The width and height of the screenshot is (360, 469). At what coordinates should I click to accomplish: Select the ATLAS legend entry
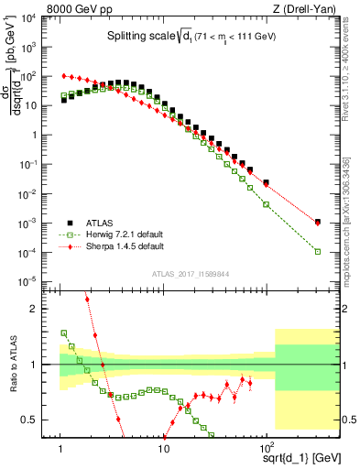pyautogui.click(x=100, y=222)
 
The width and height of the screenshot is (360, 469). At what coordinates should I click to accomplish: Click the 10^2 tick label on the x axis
pyautogui.click(x=267, y=444)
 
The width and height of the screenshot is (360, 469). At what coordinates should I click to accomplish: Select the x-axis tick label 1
pyautogui.click(x=60, y=444)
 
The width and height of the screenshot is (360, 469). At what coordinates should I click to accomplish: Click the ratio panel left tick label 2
pyautogui.click(x=43, y=309)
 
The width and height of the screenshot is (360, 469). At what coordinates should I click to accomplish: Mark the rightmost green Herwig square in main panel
pyautogui.click(x=317, y=252)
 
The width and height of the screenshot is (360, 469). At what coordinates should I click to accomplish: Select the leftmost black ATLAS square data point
pyautogui.click(x=64, y=101)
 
